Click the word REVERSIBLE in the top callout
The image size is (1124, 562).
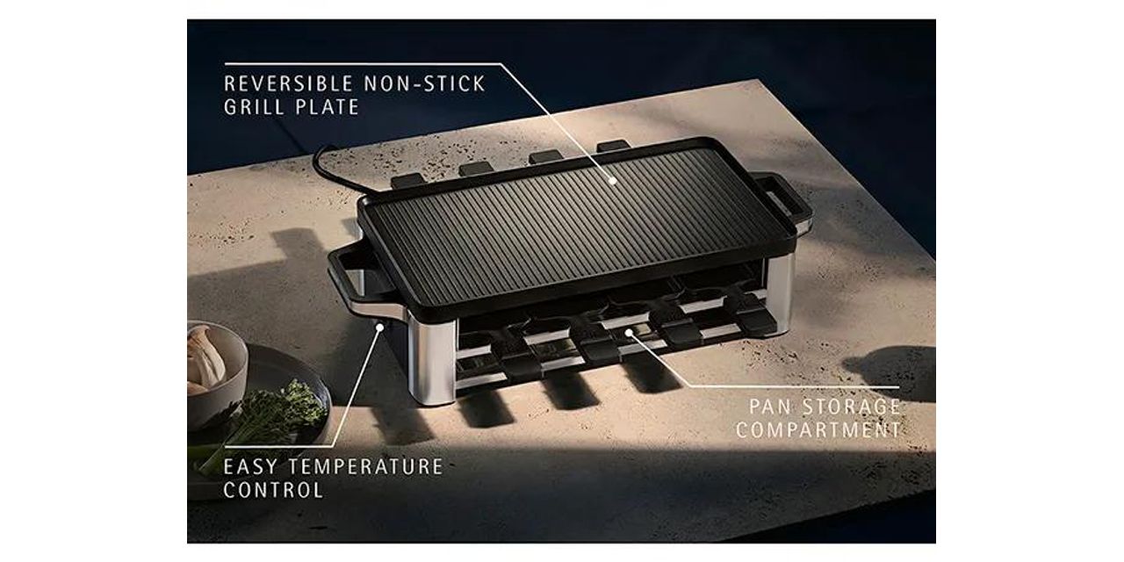click(289, 83)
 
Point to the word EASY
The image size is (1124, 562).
click(249, 467)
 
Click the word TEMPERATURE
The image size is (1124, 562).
click(365, 467)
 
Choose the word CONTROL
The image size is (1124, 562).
click(273, 490)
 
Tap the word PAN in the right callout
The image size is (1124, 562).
click(770, 407)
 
